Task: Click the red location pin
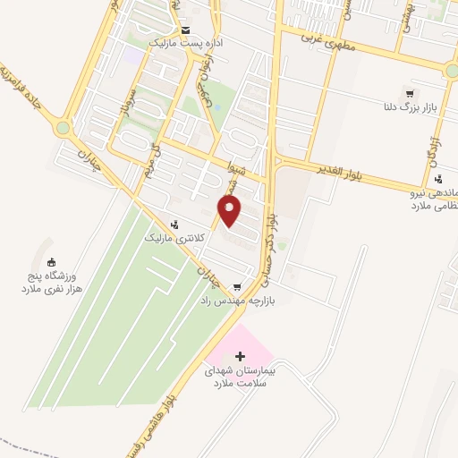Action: point(230,210)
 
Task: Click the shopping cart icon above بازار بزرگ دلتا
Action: point(410,93)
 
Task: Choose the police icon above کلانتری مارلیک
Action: point(174,225)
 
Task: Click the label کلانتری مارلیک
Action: point(175,239)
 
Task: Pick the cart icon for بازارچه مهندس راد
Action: point(236,287)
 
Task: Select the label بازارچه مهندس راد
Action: point(236,301)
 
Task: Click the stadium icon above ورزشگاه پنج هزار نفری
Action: point(51,262)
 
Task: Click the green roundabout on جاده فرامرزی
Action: point(62,128)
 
